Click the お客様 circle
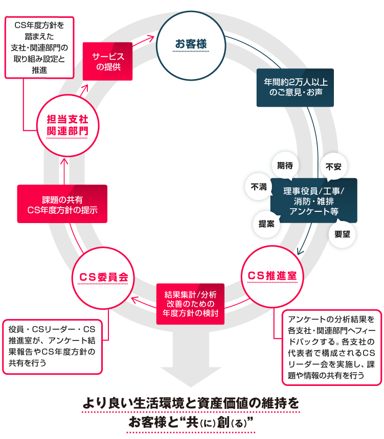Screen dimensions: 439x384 [x=191, y=45]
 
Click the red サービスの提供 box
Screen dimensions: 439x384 [x=107, y=61]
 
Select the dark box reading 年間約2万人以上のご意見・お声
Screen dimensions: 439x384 [x=295, y=87]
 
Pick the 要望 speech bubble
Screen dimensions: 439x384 [x=342, y=234]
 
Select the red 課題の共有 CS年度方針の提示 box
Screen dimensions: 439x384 [x=62, y=204]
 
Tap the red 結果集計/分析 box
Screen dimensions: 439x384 [x=190, y=303]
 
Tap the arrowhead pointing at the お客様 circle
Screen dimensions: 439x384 [x=151, y=38]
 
